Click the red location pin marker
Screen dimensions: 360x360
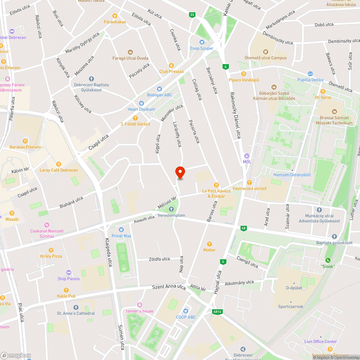click(180, 172)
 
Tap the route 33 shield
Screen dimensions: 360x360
click(192, 15)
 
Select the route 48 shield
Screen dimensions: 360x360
click(244, 228)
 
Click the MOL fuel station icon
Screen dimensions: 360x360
click(247, 156)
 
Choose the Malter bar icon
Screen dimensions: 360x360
click(210, 244)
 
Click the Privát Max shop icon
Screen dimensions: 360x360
click(121, 229)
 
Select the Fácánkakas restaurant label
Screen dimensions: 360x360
click(115, 22)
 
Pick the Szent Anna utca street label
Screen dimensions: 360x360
click(169, 287)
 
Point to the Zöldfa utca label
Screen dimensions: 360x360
click(159, 259)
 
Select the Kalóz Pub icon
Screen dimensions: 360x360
click(66, 290)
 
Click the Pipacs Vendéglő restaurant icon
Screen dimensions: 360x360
click(244, 74)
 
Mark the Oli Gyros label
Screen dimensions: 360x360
click(323, 97)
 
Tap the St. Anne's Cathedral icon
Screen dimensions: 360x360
click(76, 307)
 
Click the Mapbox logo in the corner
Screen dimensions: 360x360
click(15, 355)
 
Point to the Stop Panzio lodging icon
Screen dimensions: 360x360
click(69, 273)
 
